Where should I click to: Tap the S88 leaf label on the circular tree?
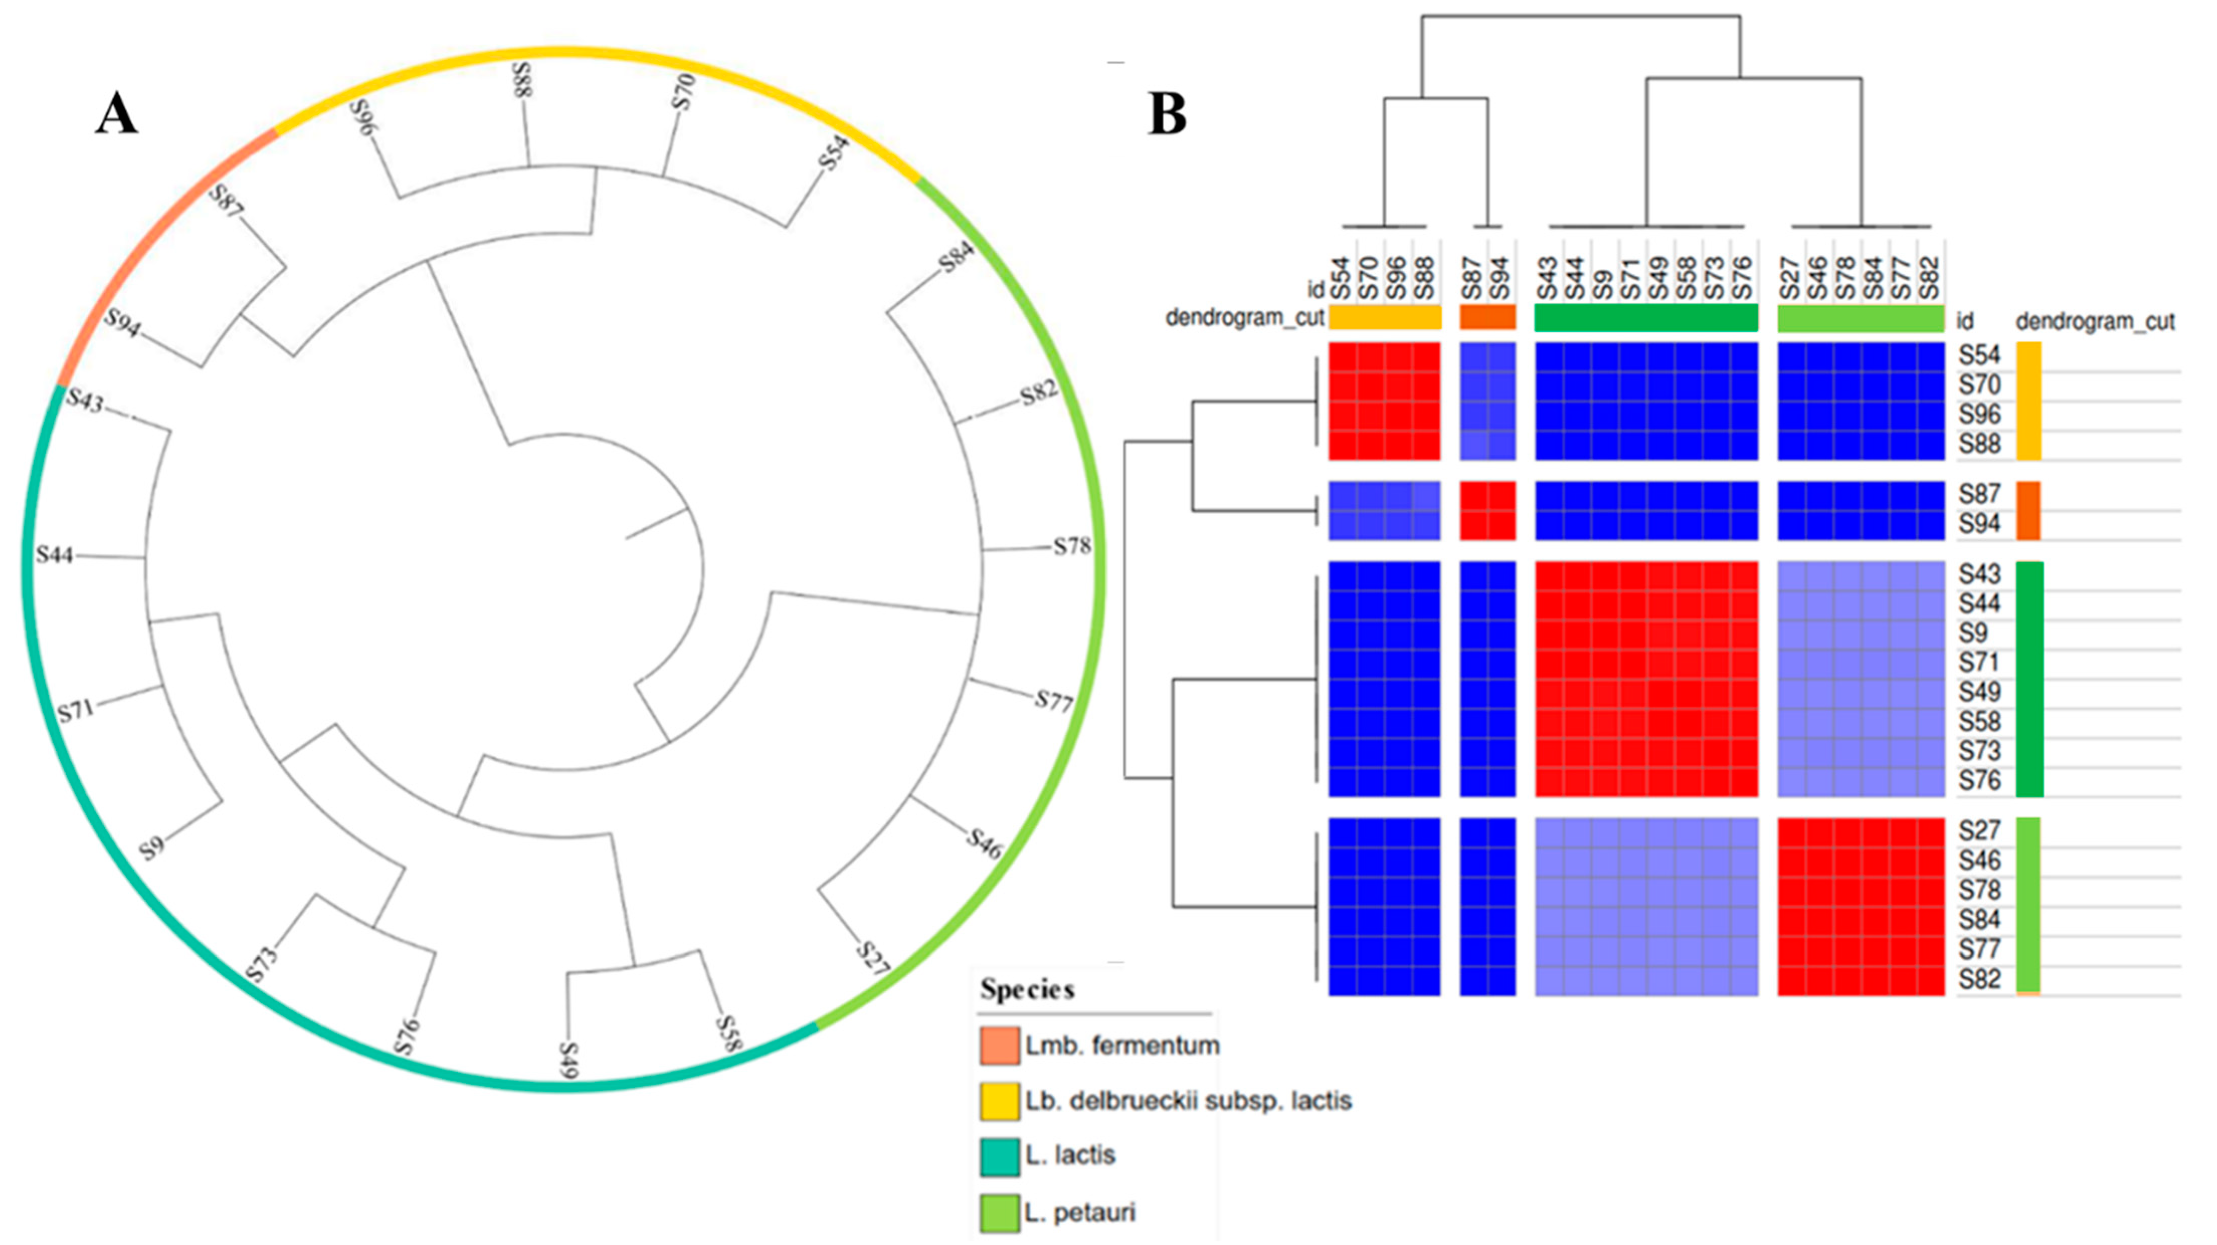pyautogui.click(x=522, y=79)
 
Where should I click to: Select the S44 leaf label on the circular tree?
pyautogui.click(x=54, y=555)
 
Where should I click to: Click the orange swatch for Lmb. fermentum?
pyautogui.click(x=999, y=1045)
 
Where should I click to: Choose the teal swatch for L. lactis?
pyautogui.click(x=999, y=1156)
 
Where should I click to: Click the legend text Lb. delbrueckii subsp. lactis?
pyautogui.click(x=1188, y=1100)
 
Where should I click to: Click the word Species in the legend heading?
pyautogui.click(x=1027, y=990)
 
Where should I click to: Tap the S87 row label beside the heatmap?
pyautogui.click(x=1979, y=495)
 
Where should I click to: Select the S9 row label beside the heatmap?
pyautogui.click(x=1973, y=633)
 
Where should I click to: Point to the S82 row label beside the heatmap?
pyautogui.click(x=1979, y=979)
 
